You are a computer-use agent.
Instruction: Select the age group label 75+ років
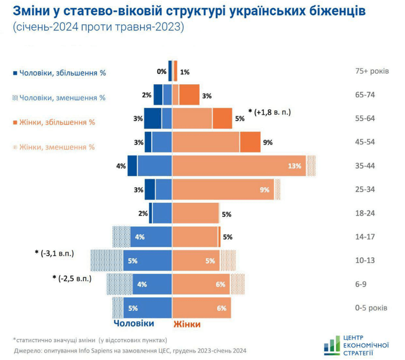tap(372, 71)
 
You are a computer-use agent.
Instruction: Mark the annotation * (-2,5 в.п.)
tap(72, 278)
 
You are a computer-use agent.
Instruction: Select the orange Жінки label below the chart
tap(187, 324)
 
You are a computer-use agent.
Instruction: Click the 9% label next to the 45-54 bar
tap(268, 142)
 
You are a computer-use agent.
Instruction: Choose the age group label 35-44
tap(365, 166)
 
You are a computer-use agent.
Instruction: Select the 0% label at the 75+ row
tap(161, 71)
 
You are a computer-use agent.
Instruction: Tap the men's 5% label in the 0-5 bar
tap(132, 308)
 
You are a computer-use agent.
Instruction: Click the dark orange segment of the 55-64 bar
tap(222, 118)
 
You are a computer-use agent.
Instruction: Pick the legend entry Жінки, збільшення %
tap(57, 122)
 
